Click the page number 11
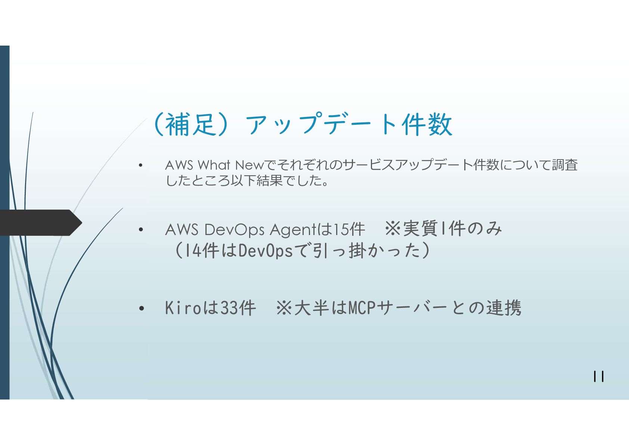(598, 376)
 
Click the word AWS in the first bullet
(179, 165)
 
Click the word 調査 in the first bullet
(565, 165)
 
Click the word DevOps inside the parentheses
(265, 251)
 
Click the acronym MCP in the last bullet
(362, 308)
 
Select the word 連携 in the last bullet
(503, 308)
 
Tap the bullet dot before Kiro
(141, 309)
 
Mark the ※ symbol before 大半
(284, 309)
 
